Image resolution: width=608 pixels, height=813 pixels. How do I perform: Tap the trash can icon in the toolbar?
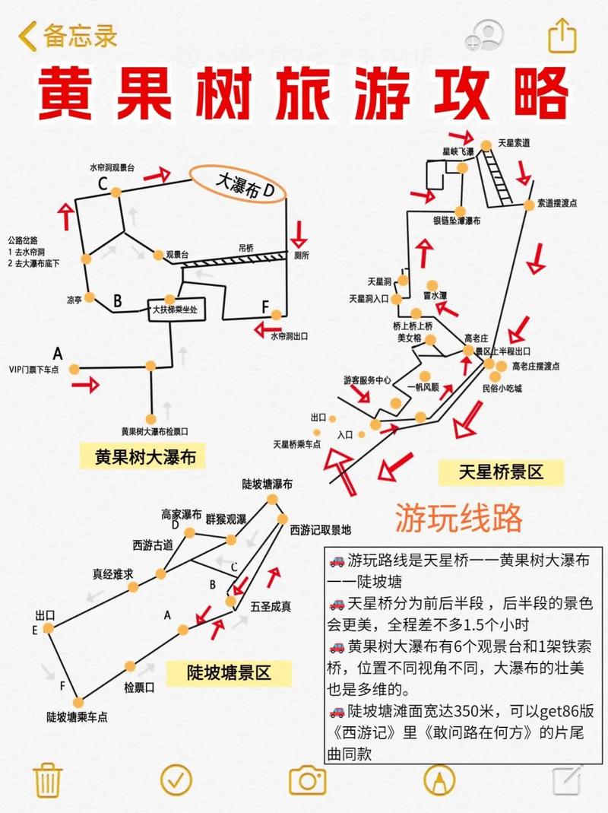[47, 780]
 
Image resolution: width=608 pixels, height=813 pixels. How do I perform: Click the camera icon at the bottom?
[307, 780]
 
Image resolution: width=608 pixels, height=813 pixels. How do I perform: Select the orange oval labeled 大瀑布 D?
[239, 183]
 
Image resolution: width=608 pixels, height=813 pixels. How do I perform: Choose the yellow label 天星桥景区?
[501, 472]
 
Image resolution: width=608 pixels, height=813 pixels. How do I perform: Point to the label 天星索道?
[514, 142]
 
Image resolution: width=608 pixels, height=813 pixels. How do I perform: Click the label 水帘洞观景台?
[112, 167]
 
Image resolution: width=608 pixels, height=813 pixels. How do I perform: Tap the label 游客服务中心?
[367, 380]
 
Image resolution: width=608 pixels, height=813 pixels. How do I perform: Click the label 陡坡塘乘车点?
[77, 716]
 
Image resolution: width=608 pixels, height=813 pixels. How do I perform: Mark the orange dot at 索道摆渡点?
[528, 205]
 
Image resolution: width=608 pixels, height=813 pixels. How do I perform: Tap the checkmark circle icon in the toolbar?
[177, 780]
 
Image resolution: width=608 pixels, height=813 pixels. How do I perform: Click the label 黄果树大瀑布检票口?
[154, 430]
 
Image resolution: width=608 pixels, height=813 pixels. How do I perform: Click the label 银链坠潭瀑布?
[457, 221]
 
